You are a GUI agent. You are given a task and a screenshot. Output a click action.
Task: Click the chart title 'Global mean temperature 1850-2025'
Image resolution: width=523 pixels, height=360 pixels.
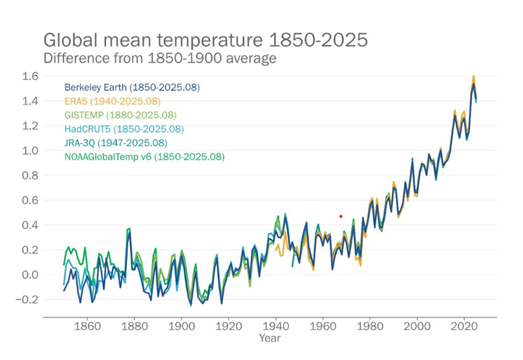point(205,40)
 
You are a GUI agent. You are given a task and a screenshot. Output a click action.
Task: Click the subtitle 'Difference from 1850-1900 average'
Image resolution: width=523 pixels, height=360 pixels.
point(160,58)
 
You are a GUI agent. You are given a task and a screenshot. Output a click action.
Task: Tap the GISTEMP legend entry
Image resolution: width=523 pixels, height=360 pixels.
point(120,115)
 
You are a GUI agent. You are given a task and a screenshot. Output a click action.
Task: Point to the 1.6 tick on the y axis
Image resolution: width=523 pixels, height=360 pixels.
point(31,76)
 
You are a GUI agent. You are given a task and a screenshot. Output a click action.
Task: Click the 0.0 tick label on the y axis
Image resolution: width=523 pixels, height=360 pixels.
point(31,275)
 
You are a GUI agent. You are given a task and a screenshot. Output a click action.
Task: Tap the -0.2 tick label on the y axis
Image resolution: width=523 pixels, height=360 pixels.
point(29,300)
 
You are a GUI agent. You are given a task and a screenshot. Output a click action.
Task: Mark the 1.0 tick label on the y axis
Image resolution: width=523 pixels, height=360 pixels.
point(31,151)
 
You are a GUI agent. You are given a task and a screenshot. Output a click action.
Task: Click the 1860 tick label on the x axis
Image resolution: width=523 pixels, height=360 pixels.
point(87,326)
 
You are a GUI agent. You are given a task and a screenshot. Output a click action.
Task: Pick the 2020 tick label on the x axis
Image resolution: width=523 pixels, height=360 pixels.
point(465,326)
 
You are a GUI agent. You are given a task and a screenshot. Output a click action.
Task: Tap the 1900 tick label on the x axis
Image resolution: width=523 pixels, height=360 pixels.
point(182,326)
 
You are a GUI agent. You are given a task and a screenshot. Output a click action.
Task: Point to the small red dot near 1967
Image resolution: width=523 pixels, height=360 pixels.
point(341,217)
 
